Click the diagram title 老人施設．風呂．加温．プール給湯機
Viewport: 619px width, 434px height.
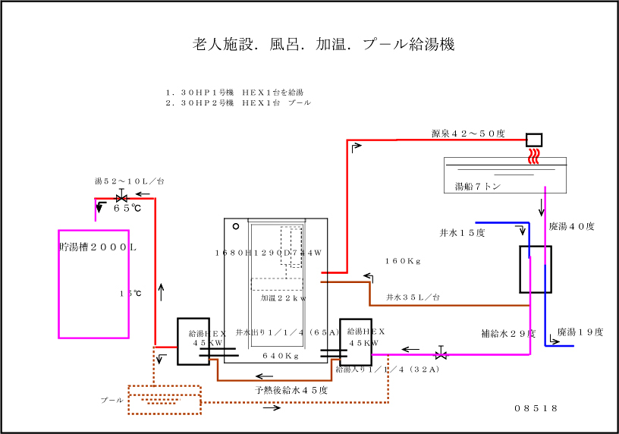click(323, 44)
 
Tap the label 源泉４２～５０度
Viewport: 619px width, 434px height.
click(468, 134)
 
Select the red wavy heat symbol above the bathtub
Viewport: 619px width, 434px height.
click(535, 155)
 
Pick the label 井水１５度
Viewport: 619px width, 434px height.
click(462, 232)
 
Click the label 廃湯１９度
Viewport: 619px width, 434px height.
click(580, 332)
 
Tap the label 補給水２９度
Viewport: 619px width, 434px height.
click(508, 332)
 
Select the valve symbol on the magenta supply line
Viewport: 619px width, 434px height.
click(441, 354)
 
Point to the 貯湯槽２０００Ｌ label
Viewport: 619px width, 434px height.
click(98, 247)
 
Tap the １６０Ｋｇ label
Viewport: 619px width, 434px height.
click(403, 261)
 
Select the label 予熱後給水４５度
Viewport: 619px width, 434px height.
click(291, 390)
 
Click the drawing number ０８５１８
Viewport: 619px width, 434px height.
click(536, 408)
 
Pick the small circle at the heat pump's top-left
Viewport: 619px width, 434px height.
click(236, 225)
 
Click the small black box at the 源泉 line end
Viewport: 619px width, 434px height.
click(534, 140)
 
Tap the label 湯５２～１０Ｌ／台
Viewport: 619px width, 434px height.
click(129, 181)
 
